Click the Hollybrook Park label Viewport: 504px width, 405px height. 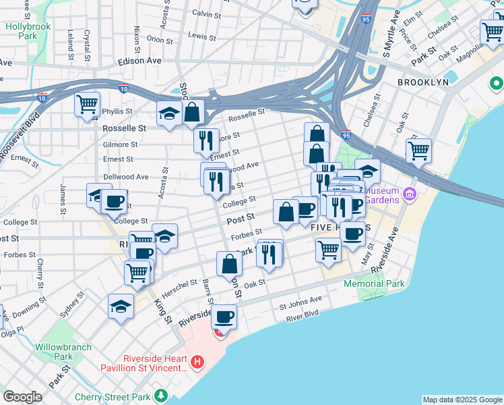[x=28, y=32]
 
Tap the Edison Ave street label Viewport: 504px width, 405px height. [x=139, y=60]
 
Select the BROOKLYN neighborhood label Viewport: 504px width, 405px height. [x=422, y=82]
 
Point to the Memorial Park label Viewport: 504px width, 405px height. [x=374, y=283]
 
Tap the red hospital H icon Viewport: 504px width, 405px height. [x=197, y=362]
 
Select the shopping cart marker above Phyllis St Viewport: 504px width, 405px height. [x=88, y=105]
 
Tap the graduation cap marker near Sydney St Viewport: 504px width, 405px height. [x=121, y=306]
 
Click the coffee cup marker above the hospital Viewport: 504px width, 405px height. [x=224, y=316]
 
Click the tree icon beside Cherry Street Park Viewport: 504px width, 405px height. [x=160, y=394]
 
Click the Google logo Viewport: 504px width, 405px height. [x=22, y=397]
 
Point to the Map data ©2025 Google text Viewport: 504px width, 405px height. [x=462, y=400]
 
